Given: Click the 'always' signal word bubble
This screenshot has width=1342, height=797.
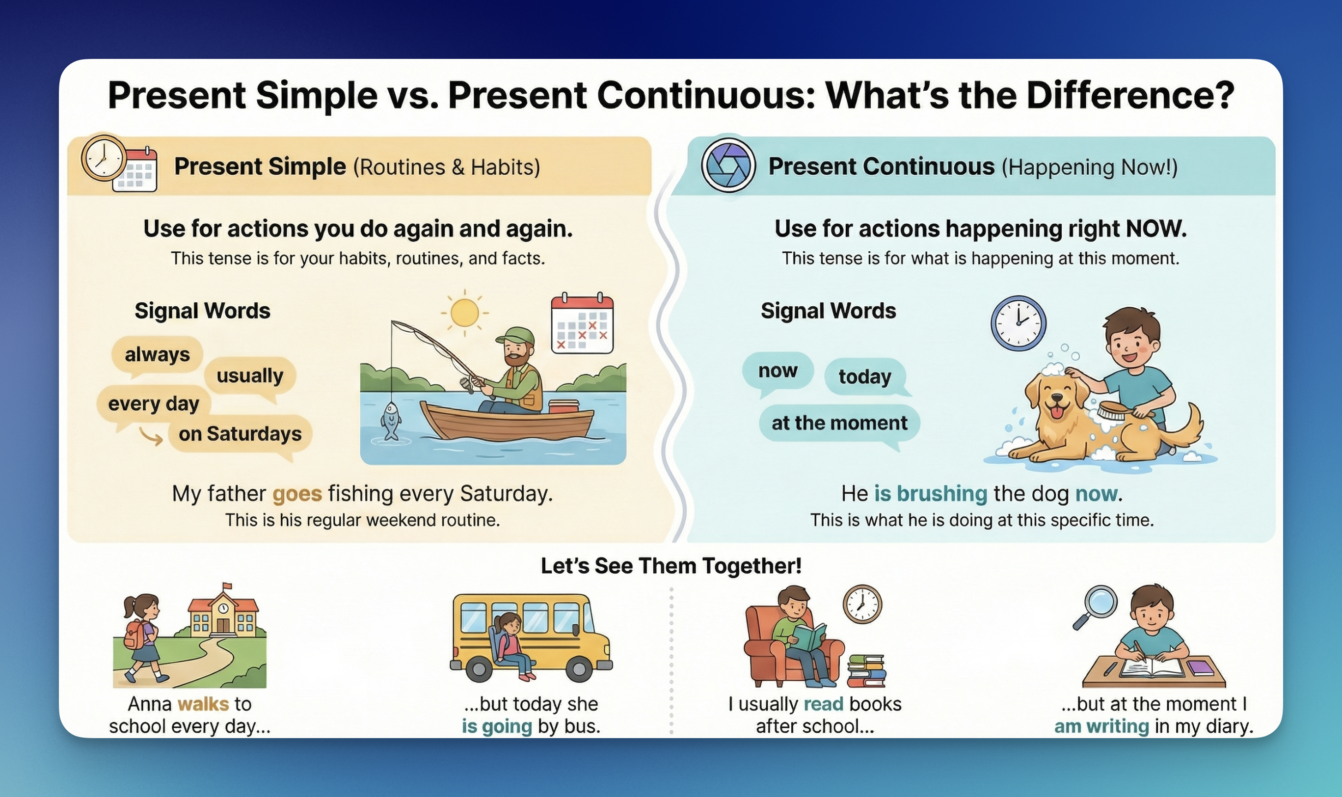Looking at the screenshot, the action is coord(158,354).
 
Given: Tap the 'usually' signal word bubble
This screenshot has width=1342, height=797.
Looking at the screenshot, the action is coord(250,375).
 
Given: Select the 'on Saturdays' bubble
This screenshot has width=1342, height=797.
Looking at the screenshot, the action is coord(240,434).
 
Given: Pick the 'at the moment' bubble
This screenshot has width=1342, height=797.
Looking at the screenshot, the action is coord(839,423).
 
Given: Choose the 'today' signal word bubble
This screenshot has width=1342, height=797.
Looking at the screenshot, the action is coord(865,376).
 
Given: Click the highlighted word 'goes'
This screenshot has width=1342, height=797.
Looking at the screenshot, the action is coord(297,494).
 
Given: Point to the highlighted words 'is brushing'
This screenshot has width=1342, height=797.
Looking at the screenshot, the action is coord(931,494).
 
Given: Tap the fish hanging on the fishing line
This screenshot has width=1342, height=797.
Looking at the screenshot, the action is coord(390,421).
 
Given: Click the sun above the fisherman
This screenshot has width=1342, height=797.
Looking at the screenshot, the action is coord(464,313).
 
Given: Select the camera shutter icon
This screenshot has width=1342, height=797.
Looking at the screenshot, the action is coord(728,165).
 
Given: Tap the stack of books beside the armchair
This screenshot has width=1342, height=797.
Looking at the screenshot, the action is coord(866,671).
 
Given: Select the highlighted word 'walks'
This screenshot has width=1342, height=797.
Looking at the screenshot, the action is coord(204,704).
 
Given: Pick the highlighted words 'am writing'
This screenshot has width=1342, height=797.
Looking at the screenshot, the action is coord(1101,727).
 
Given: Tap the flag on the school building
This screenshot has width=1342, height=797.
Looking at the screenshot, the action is coord(228,585).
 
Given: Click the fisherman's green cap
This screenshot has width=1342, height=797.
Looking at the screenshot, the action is coord(515,336).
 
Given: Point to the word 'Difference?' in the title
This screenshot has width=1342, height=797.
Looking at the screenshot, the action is coord(1131,95).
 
